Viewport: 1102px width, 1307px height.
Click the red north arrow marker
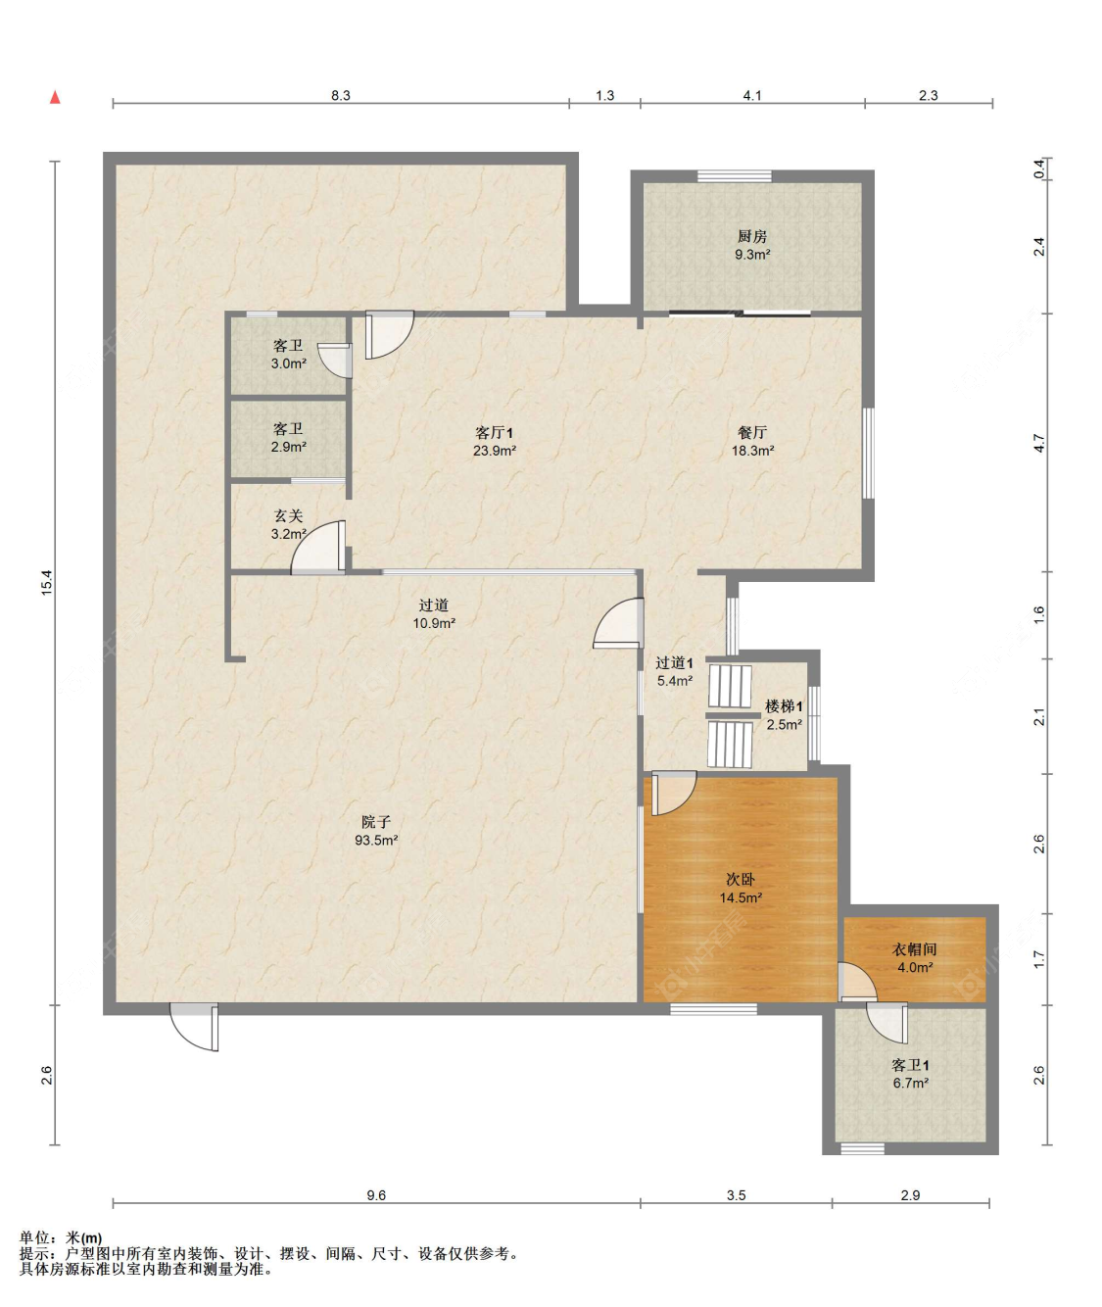pyautogui.click(x=55, y=97)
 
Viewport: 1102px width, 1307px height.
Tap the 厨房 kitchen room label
pyautogui.click(x=751, y=237)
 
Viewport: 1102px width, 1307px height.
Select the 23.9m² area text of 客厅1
pyautogui.click(x=495, y=451)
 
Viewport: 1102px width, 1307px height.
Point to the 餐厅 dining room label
pyautogui.click(x=752, y=432)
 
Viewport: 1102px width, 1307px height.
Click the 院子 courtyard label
pyautogui.click(x=376, y=822)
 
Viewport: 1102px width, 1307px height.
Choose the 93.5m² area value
pyautogui.click(x=376, y=840)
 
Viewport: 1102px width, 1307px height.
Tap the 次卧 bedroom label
pyautogui.click(x=741, y=880)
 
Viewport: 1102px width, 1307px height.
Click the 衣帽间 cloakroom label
pyautogui.click(x=914, y=949)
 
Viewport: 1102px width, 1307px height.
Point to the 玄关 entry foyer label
pyautogui.click(x=289, y=515)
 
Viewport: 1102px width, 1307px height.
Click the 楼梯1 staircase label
pyautogui.click(x=784, y=706)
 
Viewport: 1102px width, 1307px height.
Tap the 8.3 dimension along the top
pyautogui.click(x=341, y=95)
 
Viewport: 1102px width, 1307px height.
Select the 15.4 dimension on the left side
pyautogui.click(x=47, y=583)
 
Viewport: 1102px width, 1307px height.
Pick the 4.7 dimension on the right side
pyautogui.click(x=1038, y=443)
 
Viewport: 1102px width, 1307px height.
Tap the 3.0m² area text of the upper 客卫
pyautogui.click(x=289, y=363)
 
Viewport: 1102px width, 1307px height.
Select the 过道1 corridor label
pyautogui.click(x=674, y=662)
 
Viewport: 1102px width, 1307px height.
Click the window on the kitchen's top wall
pyautogui.click(x=734, y=176)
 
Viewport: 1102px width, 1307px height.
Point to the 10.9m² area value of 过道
pyautogui.click(x=434, y=623)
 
